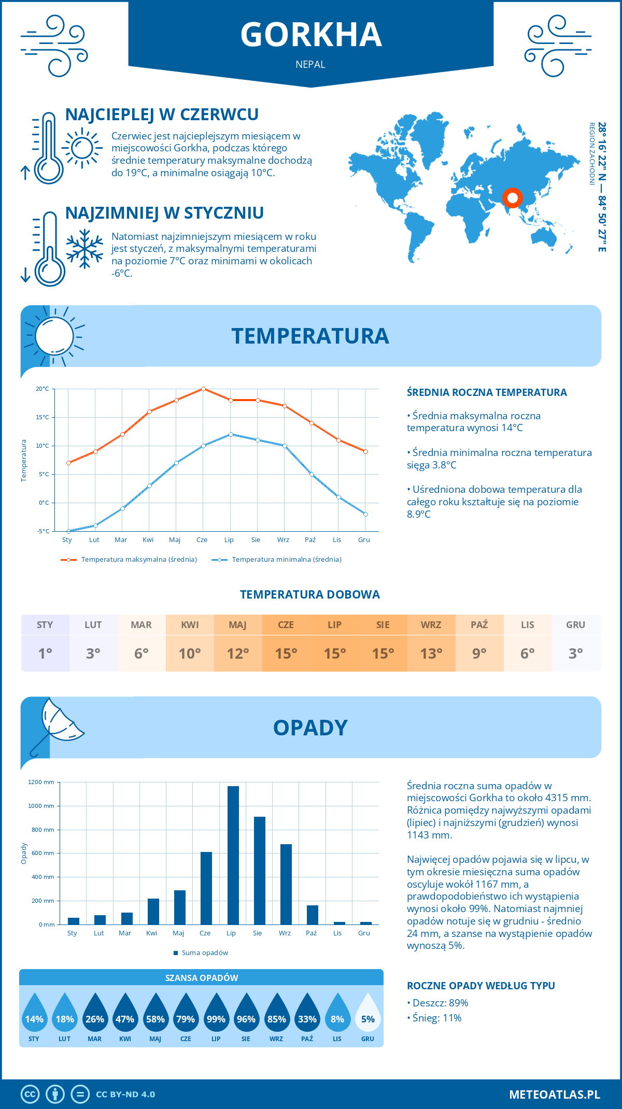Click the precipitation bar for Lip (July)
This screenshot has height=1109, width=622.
pyautogui.click(x=233, y=855)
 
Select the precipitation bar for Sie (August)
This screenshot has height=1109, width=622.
pyautogui.click(x=260, y=871)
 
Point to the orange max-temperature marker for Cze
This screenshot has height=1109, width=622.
pyautogui.click(x=203, y=389)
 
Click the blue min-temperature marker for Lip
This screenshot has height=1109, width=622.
pyautogui.click(x=231, y=434)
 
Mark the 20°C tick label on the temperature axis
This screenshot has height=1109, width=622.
pyautogui.click(x=43, y=389)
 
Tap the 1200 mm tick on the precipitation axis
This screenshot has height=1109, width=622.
pyautogui.click(x=41, y=782)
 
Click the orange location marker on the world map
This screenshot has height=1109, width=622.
pyautogui.click(x=513, y=198)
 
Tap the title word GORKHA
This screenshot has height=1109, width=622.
pyautogui.click(x=311, y=35)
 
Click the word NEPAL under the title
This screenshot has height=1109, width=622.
pyautogui.click(x=310, y=64)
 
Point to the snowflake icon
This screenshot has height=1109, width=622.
pyautogui.click(x=84, y=249)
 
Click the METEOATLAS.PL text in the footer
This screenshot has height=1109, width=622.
pyautogui.click(x=555, y=1094)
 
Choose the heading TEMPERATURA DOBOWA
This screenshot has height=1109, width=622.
pyautogui.click(x=310, y=594)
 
